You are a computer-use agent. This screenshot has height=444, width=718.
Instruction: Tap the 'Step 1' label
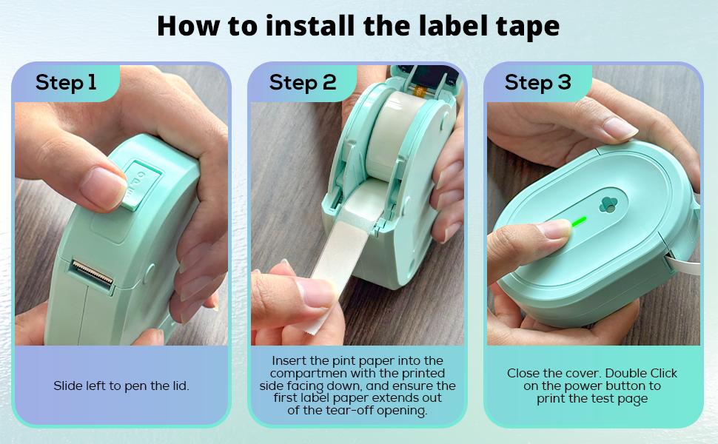coord(66,82)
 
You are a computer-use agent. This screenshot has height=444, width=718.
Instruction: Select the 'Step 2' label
coord(302,82)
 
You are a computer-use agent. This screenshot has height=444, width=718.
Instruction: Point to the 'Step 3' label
coord(537,82)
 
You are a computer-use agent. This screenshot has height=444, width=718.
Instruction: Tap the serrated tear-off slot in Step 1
coord(93,274)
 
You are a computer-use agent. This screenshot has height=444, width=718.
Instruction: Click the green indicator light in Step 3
coord(577,221)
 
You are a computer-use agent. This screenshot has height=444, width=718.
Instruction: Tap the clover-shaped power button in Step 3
coord(607,204)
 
